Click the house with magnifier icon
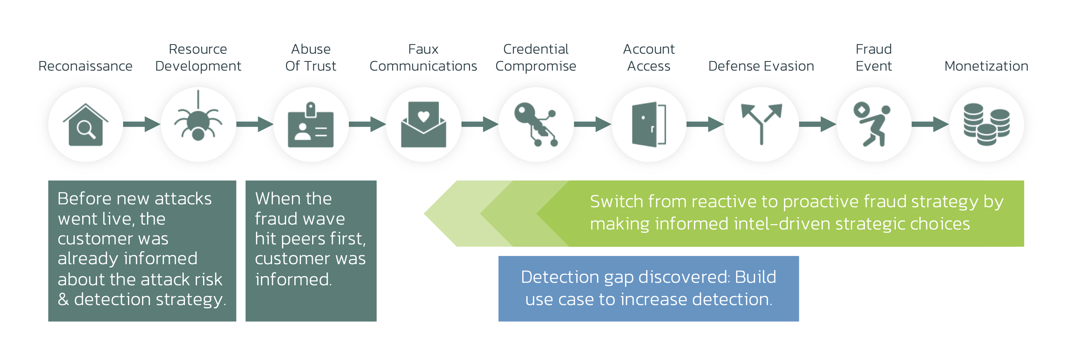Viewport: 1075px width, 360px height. [85, 125]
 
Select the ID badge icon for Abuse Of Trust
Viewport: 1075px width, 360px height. [310, 125]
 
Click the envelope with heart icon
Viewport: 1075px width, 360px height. [423, 125]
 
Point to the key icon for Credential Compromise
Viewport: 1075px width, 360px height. [536, 125]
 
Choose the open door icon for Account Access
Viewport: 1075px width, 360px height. [649, 125]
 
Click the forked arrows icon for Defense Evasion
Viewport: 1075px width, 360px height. [761, 124]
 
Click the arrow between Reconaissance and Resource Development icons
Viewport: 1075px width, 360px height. [142, 124]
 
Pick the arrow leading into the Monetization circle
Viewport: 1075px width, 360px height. [930, 124]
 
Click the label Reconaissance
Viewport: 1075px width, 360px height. [85, 66]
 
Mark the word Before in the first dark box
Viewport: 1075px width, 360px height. [85, 199]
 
